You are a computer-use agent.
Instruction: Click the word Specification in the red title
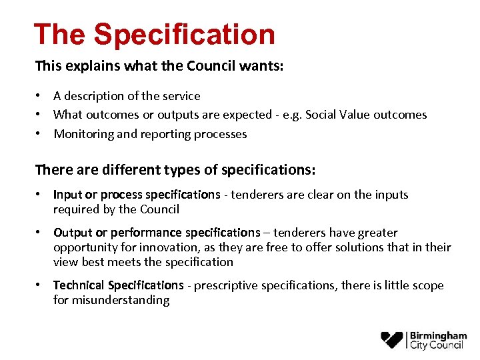[184, 35]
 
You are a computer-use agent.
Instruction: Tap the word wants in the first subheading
[253, 66]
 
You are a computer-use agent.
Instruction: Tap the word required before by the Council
[76, 209]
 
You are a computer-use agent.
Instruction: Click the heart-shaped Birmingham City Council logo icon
[392, 339]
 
